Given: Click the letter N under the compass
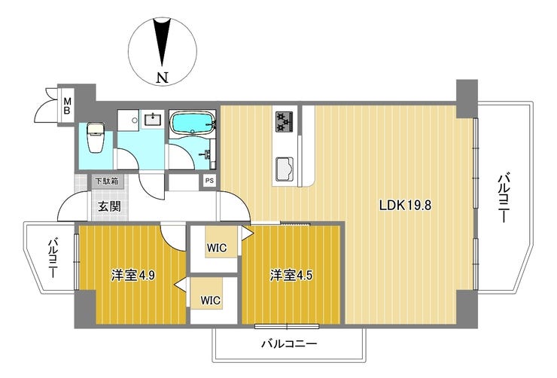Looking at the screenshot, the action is point(163,77).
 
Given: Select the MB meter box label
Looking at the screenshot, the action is point(67,106).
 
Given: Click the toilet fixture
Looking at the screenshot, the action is point(96,137).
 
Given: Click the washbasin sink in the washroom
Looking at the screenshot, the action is point(154,119).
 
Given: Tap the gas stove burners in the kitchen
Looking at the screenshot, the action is point(285,121).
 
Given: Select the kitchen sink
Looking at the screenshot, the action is point(285,168).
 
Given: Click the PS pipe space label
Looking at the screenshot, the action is point(209,181).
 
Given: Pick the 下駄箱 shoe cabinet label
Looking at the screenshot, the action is point(107,181).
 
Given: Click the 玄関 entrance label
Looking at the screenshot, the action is point(109,206).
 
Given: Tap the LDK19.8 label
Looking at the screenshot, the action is point(405,205).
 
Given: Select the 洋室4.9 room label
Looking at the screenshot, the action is point(132,276).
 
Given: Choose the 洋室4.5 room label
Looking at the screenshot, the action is point(291,276).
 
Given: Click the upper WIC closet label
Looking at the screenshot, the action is point(217,247).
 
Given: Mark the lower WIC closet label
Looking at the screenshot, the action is point(210,300).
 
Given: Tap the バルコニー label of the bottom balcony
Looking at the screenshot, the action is point(289,343).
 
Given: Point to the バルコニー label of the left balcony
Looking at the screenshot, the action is point(53,258).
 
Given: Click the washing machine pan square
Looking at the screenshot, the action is point(129,120).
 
